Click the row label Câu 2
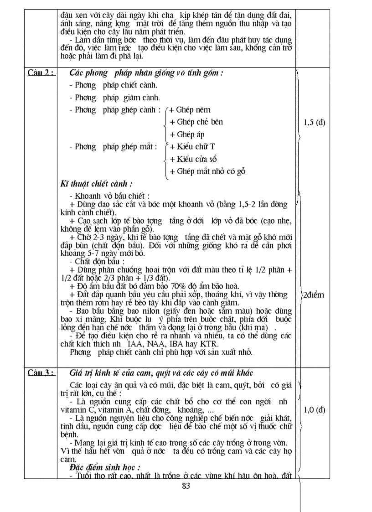pos(41,73)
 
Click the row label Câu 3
pos(41,373)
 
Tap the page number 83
pos(186,486)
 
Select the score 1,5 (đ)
pos(314,122)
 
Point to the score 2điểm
pos(314,295)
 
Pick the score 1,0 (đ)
pos(314,409)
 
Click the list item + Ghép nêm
pos(190,110)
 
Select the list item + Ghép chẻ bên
pos(196,122)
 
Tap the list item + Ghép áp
pos(187,134)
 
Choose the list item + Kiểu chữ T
pos(192,147)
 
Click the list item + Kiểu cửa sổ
pos(193,159)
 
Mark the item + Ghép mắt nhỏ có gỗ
pos(207,171)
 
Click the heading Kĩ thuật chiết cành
pos(97,184)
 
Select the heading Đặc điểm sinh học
pos(105,468)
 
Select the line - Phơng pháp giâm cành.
pos(114,98)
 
